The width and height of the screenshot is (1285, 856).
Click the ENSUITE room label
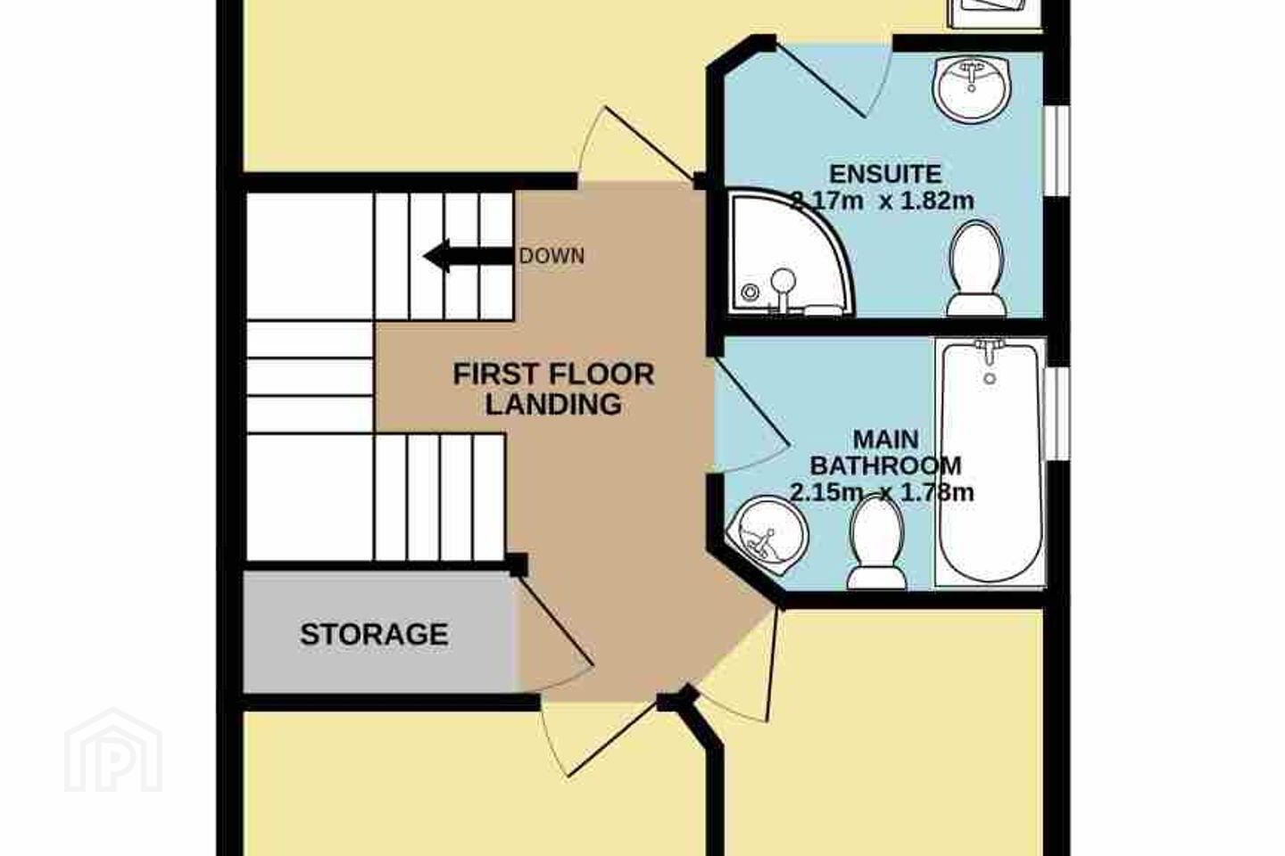click(886, 174)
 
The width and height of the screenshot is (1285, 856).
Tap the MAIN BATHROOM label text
click(886, 453)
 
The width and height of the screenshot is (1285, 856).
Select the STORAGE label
click(374, 634)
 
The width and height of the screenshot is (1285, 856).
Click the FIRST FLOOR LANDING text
click(553, 390)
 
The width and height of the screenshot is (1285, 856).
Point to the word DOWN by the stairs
click(551, 256)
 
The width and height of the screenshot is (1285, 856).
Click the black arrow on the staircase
click(468, 256)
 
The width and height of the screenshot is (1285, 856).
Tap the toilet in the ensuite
click(976, 268)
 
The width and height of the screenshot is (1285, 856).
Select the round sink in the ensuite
click(971, 90)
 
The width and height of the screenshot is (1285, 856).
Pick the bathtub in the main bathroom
click(991, 462)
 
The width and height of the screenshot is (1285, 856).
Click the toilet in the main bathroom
click(876, 543)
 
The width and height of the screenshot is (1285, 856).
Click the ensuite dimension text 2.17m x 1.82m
click(883, 201)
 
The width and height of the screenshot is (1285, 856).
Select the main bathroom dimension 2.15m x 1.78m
click(882, 492)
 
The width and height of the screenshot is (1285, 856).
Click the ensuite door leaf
click(821, 82)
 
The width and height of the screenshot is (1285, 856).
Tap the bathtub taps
click(989, 350)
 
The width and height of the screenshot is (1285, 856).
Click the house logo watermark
click(113, 750)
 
